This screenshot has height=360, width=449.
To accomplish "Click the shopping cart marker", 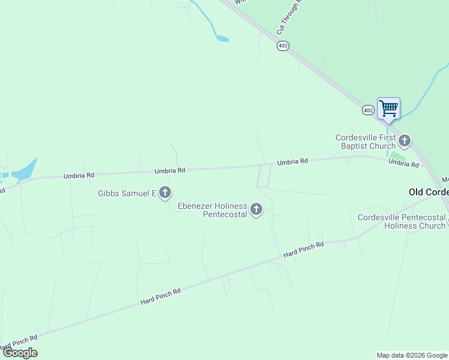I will pos(388,109).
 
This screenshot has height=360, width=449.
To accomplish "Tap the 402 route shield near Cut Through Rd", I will pos(283,46).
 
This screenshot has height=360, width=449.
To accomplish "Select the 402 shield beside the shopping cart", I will pos(368,110).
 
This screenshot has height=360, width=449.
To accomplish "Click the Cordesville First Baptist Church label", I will pos(366,142).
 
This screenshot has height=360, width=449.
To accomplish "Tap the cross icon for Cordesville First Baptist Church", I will pos(405,141).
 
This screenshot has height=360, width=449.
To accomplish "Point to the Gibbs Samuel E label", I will pos(127,193).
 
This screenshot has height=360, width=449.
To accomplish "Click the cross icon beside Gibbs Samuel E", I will pos(165,193).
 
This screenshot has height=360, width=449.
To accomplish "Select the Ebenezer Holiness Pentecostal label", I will pos(212,210).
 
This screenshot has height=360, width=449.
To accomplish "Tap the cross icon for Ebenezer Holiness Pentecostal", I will pos(256,209).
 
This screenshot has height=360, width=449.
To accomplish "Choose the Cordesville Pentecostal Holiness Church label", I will pos(401,221).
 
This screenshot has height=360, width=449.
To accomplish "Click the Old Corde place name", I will pos(428,192).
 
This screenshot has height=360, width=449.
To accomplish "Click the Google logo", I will pos(20,353).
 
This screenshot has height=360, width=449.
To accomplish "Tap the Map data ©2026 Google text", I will pos(412,355).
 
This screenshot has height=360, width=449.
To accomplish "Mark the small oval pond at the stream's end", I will pos(222,39).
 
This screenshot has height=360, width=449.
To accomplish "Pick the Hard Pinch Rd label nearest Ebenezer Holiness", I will pos(304,250).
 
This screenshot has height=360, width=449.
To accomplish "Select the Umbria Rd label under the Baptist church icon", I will pos(403,163).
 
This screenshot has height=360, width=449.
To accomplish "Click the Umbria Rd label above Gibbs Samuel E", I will pos(169,170).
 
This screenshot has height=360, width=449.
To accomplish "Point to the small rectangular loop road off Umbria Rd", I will pos(264,176).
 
